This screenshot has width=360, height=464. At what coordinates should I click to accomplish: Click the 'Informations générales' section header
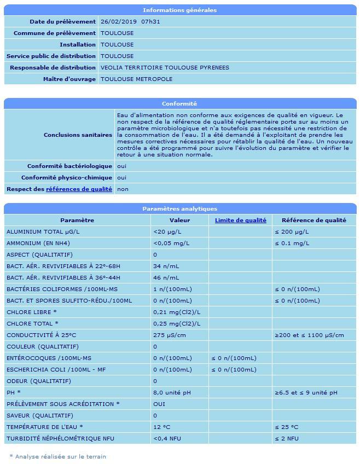[179, 10]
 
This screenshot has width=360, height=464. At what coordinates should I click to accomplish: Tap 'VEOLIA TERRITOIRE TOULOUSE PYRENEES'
[165, 68]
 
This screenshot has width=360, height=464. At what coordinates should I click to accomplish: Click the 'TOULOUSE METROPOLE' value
[136, 79]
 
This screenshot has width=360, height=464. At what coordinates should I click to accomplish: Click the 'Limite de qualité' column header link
[240, 221]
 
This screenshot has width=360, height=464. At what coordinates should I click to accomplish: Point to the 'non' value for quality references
[123, 189]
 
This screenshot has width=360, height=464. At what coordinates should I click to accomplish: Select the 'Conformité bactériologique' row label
[69, 166]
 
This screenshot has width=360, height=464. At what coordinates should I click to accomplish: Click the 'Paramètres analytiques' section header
[179, 209]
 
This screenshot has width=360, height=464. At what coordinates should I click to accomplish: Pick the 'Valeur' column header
[179, 221]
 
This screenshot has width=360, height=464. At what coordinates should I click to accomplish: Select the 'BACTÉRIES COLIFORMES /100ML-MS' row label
[62, 289]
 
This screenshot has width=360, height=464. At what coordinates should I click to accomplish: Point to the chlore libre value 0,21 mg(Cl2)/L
[177, 312]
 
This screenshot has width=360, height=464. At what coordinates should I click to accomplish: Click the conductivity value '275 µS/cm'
[170, 335]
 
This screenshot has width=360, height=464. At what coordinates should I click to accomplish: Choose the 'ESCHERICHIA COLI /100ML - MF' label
[56, 370]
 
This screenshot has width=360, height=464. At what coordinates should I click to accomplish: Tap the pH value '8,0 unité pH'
[172, 393]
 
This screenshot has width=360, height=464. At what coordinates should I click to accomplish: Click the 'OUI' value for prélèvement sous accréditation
[159, 404]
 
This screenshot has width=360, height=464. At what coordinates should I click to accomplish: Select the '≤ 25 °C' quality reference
[286, 427]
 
